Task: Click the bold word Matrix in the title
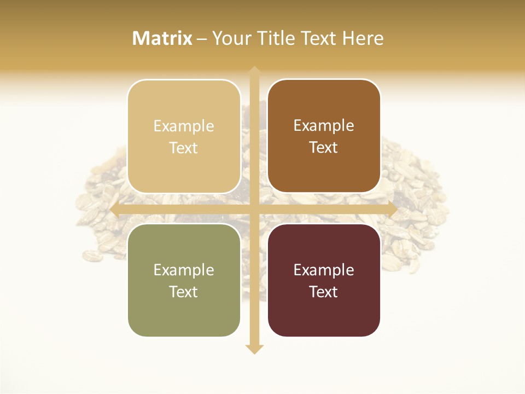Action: [162, 38]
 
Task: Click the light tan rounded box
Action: [184, 136]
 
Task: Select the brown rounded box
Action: [324, 136]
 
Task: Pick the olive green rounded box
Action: [184, 280]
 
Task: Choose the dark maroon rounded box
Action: [324, 280]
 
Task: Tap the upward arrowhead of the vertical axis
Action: [254, 72]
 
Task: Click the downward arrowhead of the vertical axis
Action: [254, 349]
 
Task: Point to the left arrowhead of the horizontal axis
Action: [115, 209]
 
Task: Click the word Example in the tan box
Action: [184, 126]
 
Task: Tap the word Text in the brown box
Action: [324, 148]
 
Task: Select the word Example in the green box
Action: [184, 270]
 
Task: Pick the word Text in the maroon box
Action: [324, 292]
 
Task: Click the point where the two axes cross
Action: [254, 209]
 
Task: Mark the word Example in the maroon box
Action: [324, 270]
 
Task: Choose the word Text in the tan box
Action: [184, 148]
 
